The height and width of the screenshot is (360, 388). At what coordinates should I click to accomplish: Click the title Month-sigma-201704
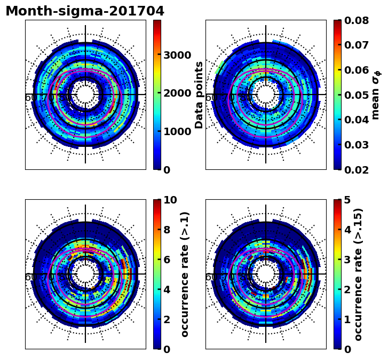coord(85,11)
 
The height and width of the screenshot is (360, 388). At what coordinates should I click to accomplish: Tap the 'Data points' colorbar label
coord(200,95)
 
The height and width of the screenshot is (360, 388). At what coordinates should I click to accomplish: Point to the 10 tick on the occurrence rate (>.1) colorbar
coord(170,200)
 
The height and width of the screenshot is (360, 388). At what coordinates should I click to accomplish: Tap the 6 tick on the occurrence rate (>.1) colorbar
coord(167,260)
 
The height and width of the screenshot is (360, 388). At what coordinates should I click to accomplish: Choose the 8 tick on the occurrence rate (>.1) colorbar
coord(167,230)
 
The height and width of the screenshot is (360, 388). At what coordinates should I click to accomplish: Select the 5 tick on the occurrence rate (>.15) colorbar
coord(347,200)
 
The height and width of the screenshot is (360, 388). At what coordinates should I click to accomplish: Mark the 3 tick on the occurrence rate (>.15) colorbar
coord(347,260)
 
